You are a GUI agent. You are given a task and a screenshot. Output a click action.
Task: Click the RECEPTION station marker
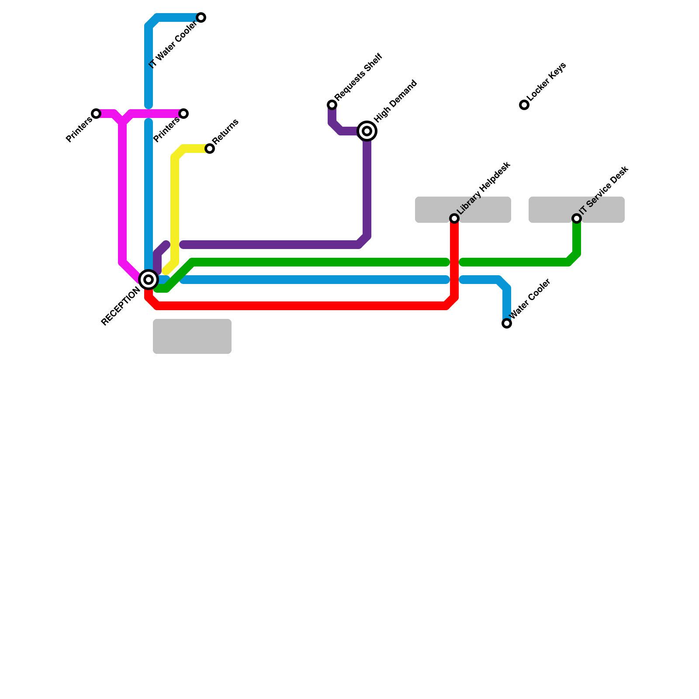[x=149, y=280]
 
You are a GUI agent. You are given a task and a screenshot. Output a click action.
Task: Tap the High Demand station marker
[x=367, y=131]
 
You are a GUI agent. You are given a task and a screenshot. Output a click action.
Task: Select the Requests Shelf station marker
[x=332, y=105]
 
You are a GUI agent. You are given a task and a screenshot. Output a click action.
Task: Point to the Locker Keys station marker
[x=524, y=105]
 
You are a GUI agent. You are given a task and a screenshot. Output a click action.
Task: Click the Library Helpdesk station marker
[x=454, y=218]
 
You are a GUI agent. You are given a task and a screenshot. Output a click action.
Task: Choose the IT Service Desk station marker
[x=577, y=218]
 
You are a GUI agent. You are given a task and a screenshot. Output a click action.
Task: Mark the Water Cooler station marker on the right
[x=507, y=323]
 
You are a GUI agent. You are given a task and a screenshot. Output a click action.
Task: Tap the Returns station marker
[x=210, y=149]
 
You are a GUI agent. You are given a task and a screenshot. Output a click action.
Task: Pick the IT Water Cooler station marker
[x=201, y=17]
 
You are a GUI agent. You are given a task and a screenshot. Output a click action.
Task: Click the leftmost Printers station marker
[x=96, y=114]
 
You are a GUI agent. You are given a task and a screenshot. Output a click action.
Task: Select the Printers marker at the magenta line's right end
[x=184, y=114]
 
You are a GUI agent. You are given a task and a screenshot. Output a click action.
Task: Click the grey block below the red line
[x=192, y=336]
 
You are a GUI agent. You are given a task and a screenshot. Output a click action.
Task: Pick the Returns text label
[x=226, y=131]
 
